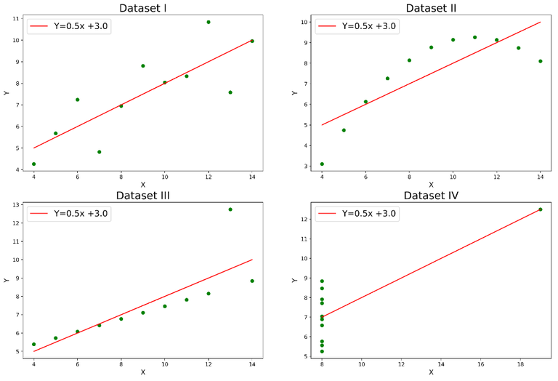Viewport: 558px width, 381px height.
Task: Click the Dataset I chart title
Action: pyautogui.click(x=142, y=8)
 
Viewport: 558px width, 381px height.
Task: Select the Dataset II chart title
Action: pyautogui.click(x=431, y=8)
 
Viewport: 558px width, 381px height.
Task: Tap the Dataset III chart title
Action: pyautogui.click(x=142, y=195)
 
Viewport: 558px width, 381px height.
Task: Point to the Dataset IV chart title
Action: pyautogui.click(x=431, y=195)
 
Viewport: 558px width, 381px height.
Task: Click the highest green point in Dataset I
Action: pyautogui.click(x=209, y=22)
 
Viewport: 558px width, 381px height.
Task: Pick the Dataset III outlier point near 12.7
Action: pyautogui.click(x=230, y=209)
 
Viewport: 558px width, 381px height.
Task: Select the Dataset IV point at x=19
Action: pyautogui.click(x=540, y=209)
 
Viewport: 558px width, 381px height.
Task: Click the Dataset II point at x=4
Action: pyautogui.click(x=322, y=164)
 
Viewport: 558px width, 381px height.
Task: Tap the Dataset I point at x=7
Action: pyautogui.click(x=99, y=152)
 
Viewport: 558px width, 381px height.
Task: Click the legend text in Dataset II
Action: pyautogui.click(x=369, y=26)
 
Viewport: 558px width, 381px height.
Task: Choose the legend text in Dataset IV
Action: pyautogui.click(x=369, y=214)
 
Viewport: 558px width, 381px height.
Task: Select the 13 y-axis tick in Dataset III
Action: pyautogui.click(x=16, y=204)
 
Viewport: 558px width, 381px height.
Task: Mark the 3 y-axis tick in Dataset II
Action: pyautogui.click(x=307, y=166)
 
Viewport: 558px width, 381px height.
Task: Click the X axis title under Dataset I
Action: pyautogui.click(x=142, y=185)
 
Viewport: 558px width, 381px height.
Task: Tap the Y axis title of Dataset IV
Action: pyautogui.click(x=293, y=279)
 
